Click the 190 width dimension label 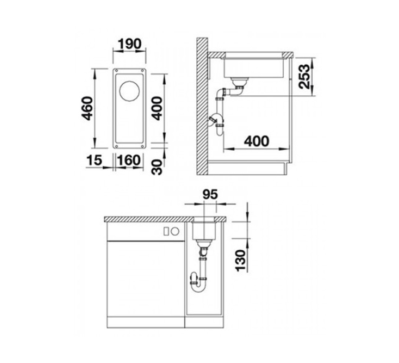129,44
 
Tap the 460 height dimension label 87,108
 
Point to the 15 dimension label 94,160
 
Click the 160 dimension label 129,160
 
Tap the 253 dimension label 305,77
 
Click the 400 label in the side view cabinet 256,141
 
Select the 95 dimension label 210,194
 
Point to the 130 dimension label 241,261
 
